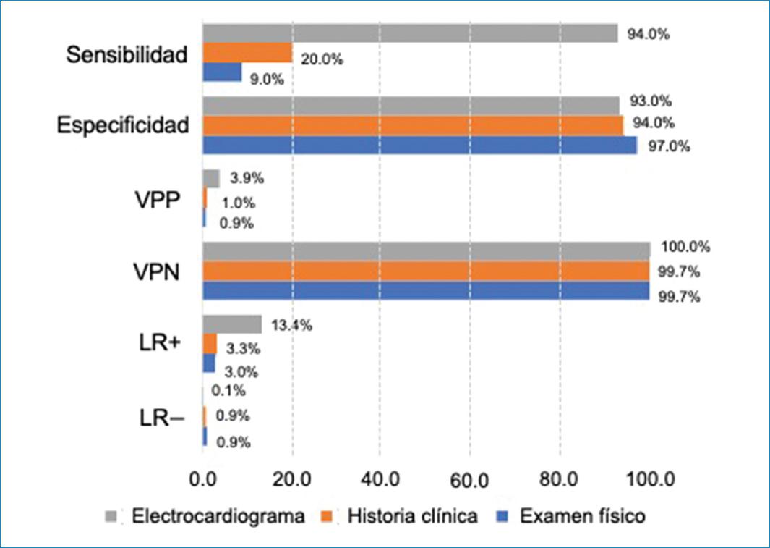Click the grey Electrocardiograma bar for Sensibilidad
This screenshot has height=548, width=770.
[410, 33]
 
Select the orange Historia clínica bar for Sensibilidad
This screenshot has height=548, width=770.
[247, 53]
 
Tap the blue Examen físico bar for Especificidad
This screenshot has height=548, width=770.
[419, 145]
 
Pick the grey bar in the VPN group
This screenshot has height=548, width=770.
[426, 250]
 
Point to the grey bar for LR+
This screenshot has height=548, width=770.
[231, 324]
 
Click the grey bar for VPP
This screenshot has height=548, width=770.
[210, 178]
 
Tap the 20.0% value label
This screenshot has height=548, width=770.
[322, 60]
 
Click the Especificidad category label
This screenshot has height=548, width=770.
[123, 125]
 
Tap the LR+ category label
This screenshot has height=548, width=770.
[159, 344]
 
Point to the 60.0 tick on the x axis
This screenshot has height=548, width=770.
[470, 480]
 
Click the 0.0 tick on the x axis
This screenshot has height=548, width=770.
[202, 480]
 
